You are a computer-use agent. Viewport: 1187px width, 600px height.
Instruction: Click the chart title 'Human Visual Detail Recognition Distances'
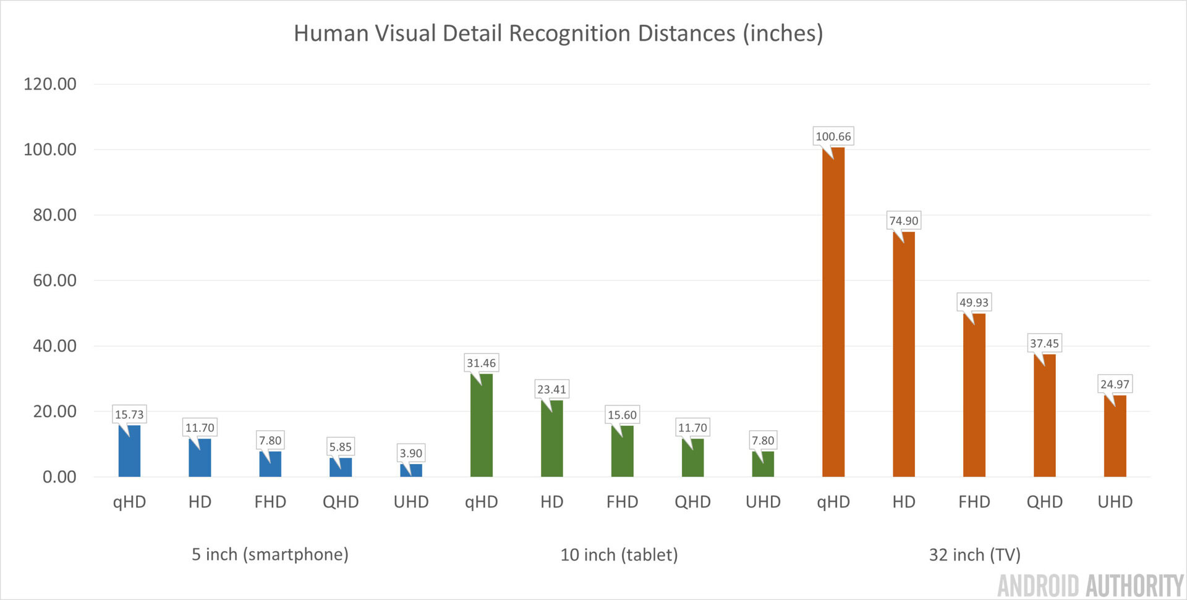(558, 33)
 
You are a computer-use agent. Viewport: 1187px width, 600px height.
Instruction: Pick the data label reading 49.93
(974, 302)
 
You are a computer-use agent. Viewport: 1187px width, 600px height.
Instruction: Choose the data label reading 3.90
(411, 453)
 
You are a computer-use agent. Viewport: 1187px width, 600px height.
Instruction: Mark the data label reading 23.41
(551, 389)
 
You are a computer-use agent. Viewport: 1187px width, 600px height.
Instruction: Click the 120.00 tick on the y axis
(50, 84)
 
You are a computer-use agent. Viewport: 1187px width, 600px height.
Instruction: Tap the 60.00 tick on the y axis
(54, 281)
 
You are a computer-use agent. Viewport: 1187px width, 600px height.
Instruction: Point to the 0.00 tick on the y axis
(59, 477)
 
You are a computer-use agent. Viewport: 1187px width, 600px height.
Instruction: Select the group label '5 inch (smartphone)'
(270, 554)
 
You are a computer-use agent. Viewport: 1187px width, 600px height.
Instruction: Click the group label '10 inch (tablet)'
(619, 555)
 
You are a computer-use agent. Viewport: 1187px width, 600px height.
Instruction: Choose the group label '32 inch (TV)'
(974, 555)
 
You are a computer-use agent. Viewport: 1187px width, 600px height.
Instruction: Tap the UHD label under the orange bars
(1115, 502)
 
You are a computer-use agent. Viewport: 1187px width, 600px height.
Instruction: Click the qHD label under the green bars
(481, 502)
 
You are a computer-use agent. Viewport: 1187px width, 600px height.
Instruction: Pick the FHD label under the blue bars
(270, 502)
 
